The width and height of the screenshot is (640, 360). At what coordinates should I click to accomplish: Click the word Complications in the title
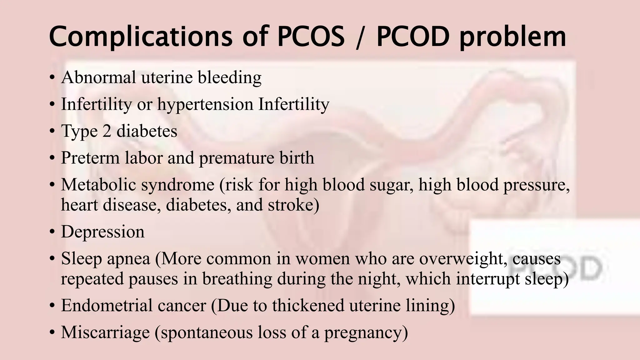pyautogui.click(x=141, y=37)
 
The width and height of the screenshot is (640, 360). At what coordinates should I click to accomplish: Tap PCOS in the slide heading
pyautogui.click(x=311, y=37)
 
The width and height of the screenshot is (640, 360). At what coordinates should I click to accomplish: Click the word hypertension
pyautogui.click(x=205, y=105)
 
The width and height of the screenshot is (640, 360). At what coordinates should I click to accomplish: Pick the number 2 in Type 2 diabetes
pyautogui.click(x=107, y=131)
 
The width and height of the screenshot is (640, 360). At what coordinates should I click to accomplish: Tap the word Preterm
pyautogui.click(x=90, y=158)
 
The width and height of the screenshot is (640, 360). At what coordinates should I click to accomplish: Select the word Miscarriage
pyautogui.click(x=105, y=332)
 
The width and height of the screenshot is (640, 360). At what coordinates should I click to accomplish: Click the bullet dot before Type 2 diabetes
pyautogui.click(x=52, y=132)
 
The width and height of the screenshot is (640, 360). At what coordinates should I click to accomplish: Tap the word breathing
pyautogui.click(x=237, y=279)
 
